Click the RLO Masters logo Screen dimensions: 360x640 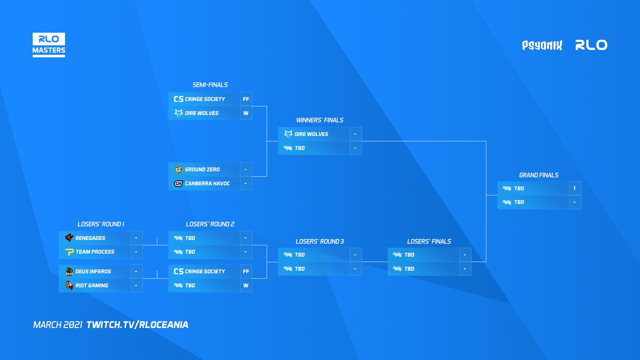pyautogui.click(x=49, y=45)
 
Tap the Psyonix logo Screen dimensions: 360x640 pyautogui.click(x=542, y=45)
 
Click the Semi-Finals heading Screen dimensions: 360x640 pyautogui.click(x=210, y=85)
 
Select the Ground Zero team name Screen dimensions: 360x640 pyautogui.click(x=202, y=170)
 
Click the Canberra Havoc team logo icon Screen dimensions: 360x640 pyautogui.click(x=178, y=183)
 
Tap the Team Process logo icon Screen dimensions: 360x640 pyautogui.click(x=69, y=252)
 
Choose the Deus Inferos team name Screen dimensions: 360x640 pyautogui.click(x=93, y=271)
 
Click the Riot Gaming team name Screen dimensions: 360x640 pyautogui.click(x=92, y=285)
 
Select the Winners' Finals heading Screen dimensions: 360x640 pyautogui.click(x=319, y=121)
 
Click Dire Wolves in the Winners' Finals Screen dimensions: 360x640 pyautogui.click(x=311, y=134)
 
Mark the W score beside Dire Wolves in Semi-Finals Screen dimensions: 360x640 pyautogui.click(x=245, y=113)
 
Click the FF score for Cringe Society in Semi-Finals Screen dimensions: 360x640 pyautogui.click(x=245, y=99)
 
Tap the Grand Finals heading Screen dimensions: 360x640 pyautogui.click(x=539, y=175)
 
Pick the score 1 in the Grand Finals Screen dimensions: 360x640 pyautogui.click(x=574, y=188)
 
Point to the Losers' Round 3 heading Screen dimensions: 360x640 pyautogui.click(x=319, y=242)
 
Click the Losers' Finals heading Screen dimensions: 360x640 pyautogui.click(x=429, y=242)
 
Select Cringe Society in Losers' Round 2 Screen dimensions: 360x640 pyautogui.click(x=205, y=271)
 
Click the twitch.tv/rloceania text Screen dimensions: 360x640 pyautogui.click(x=137, y=324)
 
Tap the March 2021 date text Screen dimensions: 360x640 pyautogui.click(x=58, y=324)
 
